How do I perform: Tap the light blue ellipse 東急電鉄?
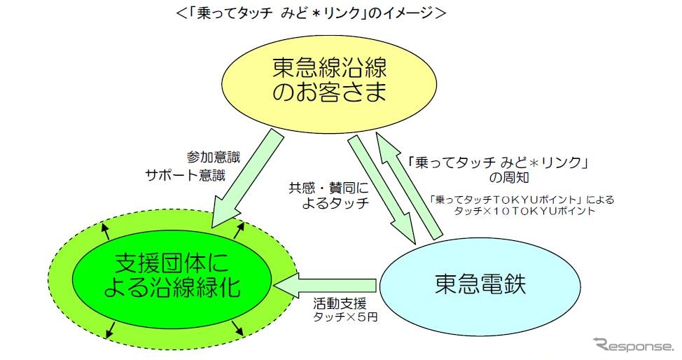pos(480,284)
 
